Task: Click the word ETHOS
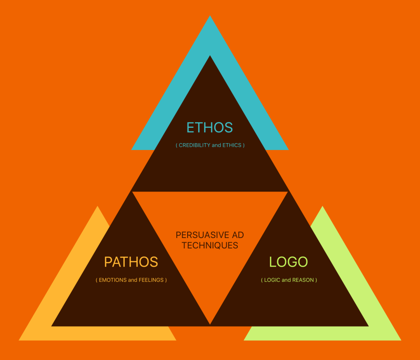(x=210, y=127)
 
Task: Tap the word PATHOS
(x=131, y=262)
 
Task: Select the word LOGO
(x=288, y=262)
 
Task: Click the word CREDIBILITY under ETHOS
(x=194, y=145)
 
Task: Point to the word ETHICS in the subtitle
(x=232, y=145)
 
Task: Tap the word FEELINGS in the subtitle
(x=151, y=280)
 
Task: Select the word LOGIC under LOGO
(x=272, y=280)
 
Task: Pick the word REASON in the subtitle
(x=303, y=280)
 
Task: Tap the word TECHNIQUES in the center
(x=210, y=245)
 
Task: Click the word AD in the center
(x=238, y=235)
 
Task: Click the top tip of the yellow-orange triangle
(x=98, y=206)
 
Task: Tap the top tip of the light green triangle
(x=322, y=206)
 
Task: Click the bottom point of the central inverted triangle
(x=210, y=324)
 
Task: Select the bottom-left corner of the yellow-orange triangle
(x=19, y=341)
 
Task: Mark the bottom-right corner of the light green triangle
(x=401, y=341)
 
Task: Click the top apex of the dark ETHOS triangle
(x=210, y=56)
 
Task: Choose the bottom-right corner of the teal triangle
(x=289, y=150)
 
